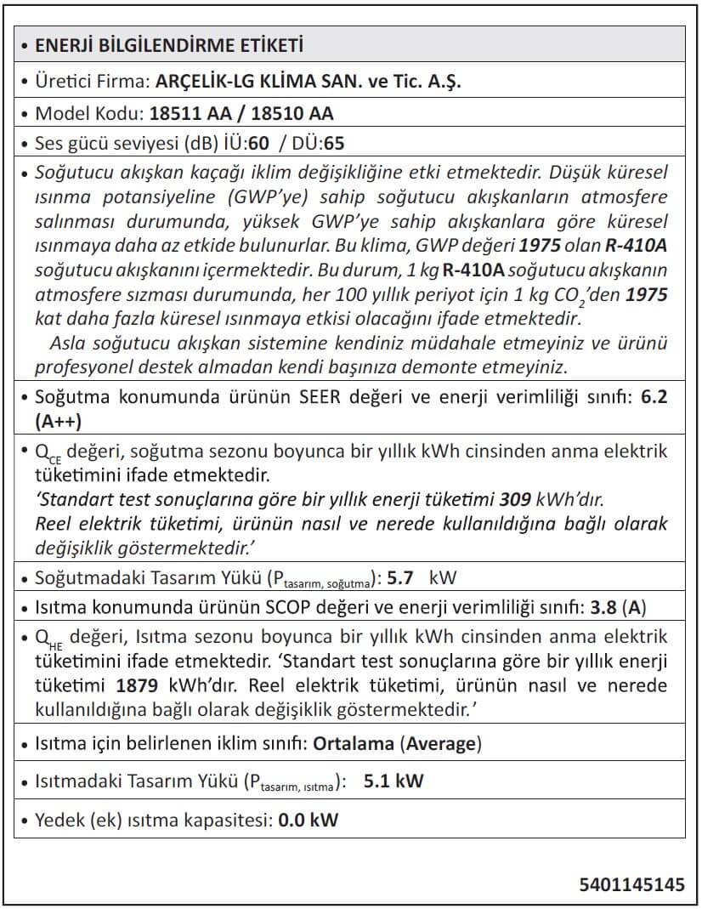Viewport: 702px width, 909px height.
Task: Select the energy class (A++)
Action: pyautogui.click(x=59, y=421)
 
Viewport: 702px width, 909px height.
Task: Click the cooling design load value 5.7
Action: pyautogui.click(x=400, y=579)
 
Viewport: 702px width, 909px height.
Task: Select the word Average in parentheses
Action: pyautogui.click(x=441, y=744)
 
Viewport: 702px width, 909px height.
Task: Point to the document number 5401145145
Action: pyautogui.click(x=631, y=884)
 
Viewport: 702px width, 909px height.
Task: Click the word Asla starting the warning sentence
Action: pyautogui.click(x=66, y=344)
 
